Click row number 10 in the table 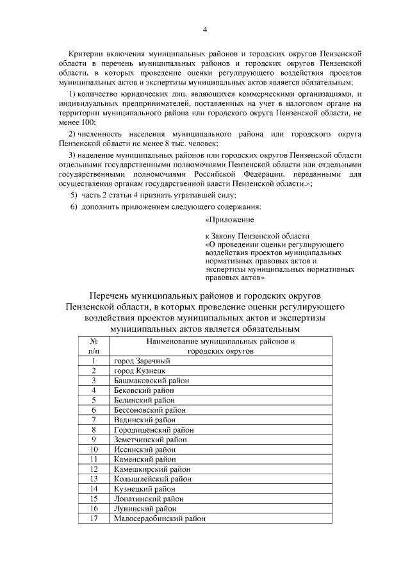click(x=94, y=449)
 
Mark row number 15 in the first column click(x=94, y=499)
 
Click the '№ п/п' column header click(x=94, y=346)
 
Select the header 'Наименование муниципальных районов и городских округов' click(x=220, y=346)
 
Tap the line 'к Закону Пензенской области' click(x=256, y=236)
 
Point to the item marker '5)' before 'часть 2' click(x=74, y=195)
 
